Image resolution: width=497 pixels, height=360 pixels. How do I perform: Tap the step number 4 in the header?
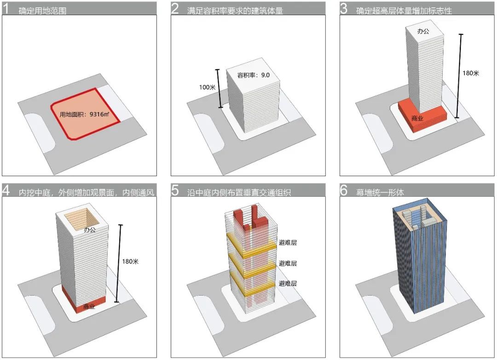(6, 190)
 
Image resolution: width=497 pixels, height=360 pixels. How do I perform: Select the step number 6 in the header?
(344, 190)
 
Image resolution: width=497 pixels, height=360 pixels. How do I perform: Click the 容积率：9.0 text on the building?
(254, 75)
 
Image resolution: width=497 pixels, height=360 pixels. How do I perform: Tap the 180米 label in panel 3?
(470, 73)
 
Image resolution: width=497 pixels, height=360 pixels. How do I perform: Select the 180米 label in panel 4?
(130, 262)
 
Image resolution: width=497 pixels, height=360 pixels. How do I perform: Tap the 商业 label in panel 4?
(89, 306)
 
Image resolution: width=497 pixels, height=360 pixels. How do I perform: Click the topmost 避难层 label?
(288, 243)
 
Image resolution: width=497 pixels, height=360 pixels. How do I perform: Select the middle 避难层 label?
(288, 263)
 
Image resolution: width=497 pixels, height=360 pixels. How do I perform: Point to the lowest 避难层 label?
(288, 284)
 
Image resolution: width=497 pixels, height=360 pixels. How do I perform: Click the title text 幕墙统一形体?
(380, 192)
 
